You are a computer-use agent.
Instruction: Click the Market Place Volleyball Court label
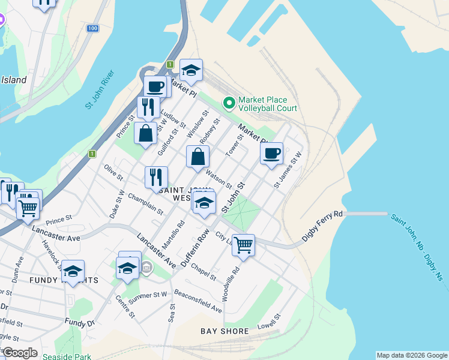[x=268, y=104]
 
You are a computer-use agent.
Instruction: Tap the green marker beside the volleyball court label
[x=229, y=104]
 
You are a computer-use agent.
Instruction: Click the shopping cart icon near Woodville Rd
[x=243, y=244]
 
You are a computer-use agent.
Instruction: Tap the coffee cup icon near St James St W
[x=271, y=152]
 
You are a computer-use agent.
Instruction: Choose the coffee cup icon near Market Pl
[x=155, y=86]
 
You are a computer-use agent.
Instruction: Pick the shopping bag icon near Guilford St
[x=146, y=133]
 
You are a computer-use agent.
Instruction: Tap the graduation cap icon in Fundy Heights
[x=73, y=271]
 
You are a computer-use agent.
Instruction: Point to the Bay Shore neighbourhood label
[x=225, y=331]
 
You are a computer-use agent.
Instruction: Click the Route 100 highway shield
[x=92, y=28]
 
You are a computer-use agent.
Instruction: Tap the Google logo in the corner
[x=19, y=353]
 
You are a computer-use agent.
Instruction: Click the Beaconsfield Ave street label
[x=198, y=301]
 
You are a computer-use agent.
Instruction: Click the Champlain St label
[x=145, y=204]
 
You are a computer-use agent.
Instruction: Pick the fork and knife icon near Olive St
[x=155, y=176]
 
